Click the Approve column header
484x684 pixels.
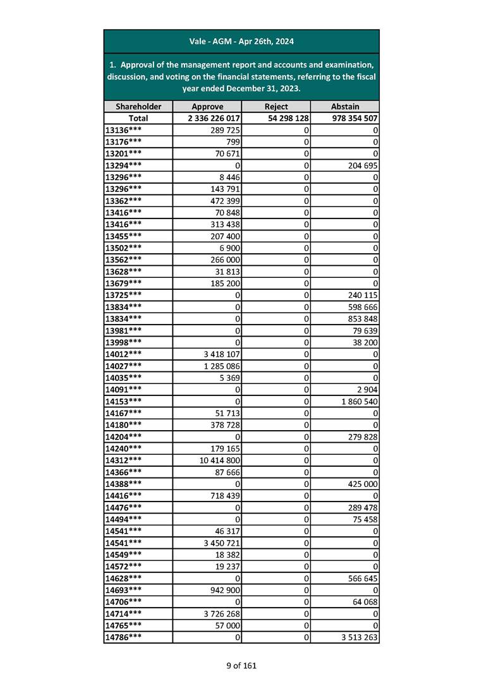(x=207, y=107)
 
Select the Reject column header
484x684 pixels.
(x=276, y=107)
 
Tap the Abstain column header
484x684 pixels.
(x=345, y=107)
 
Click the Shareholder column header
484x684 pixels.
(x=138, y=107)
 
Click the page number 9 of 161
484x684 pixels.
(x=241, y=665)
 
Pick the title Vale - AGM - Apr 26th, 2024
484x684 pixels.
(x=241, y=42)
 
